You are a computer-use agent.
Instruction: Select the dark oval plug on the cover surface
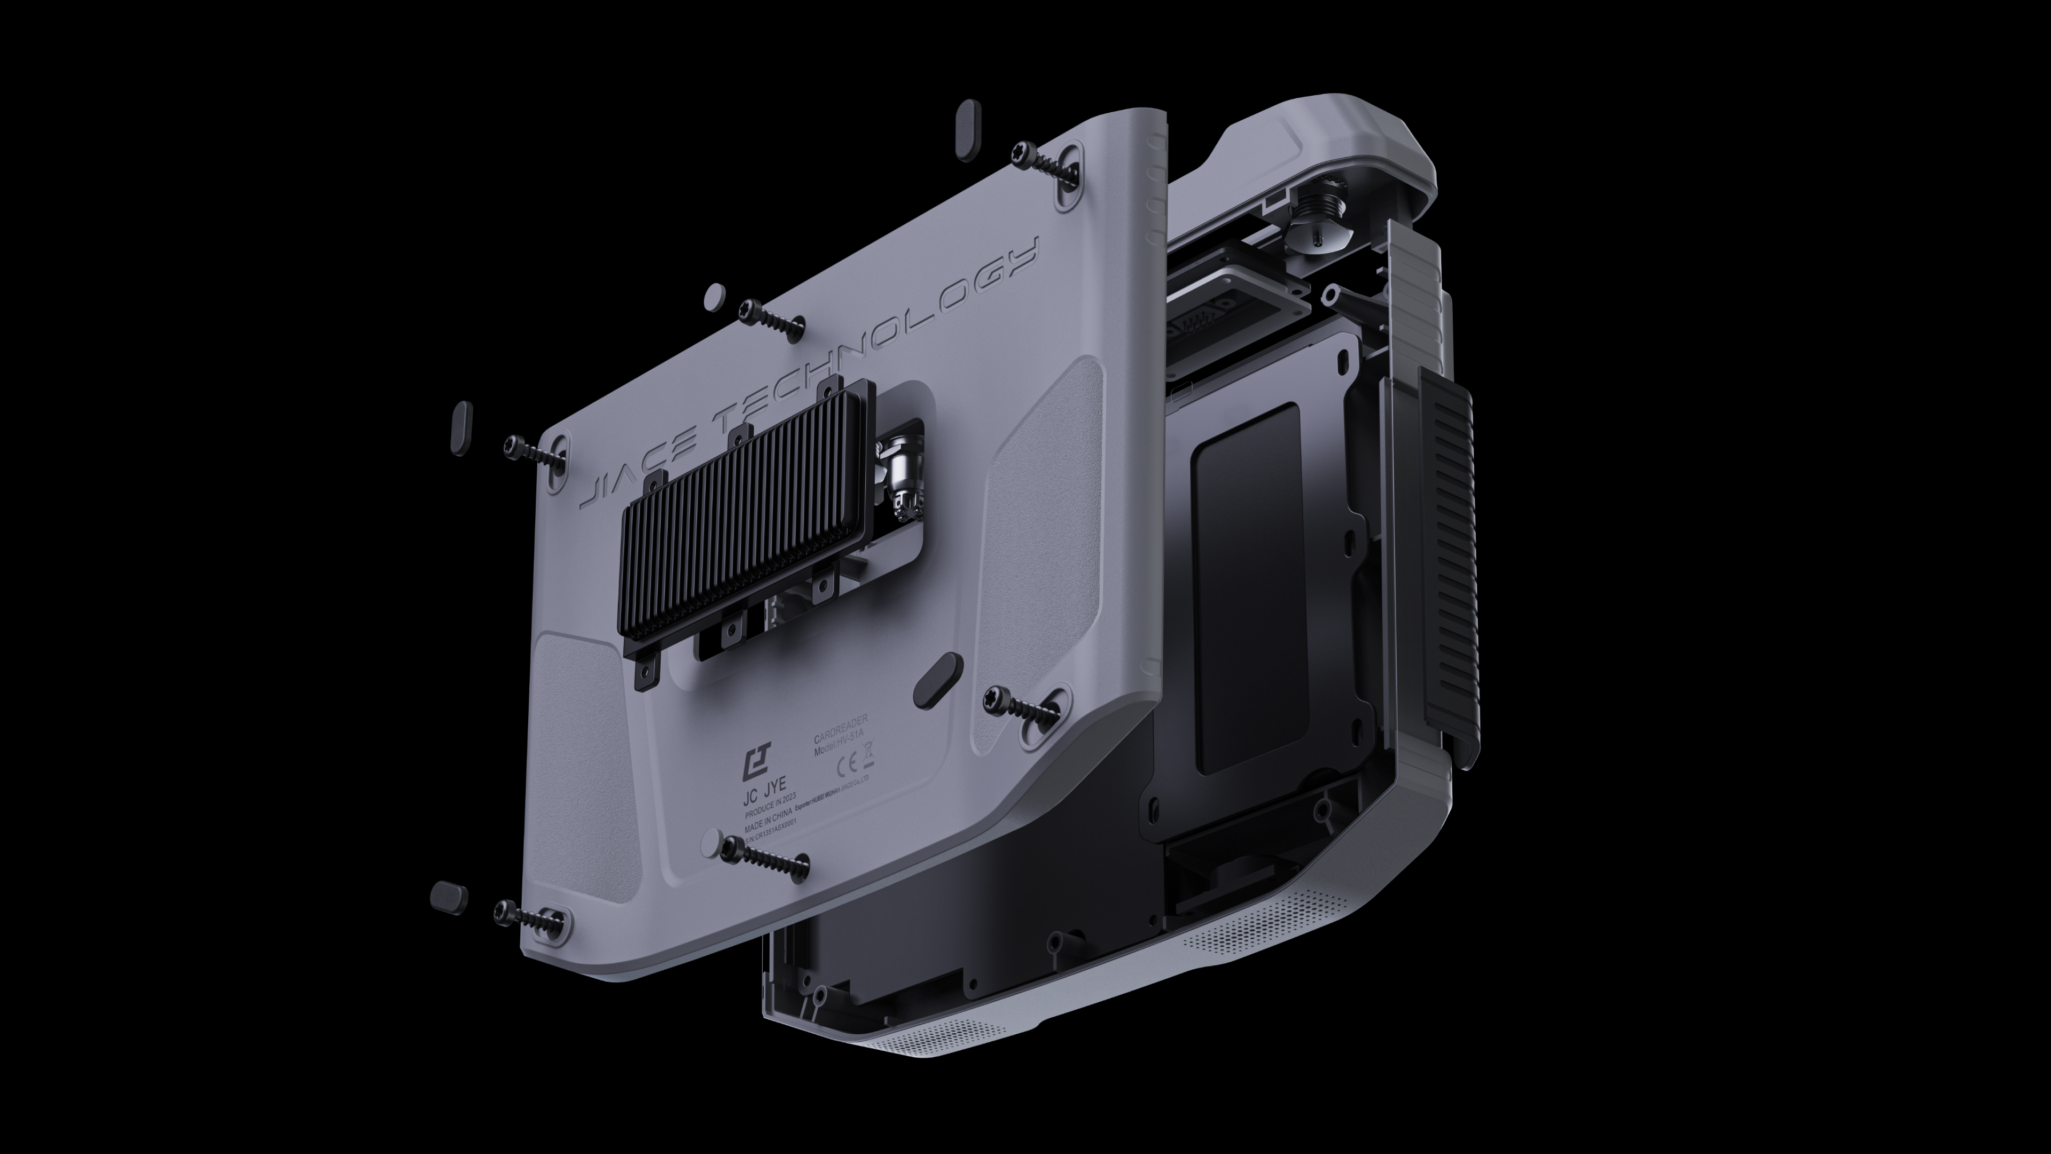tap(939, 681)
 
